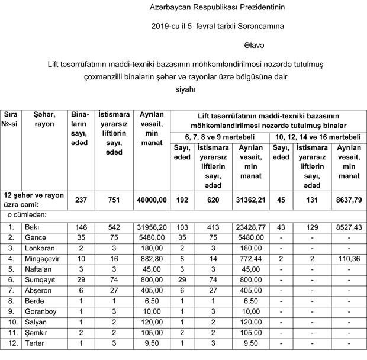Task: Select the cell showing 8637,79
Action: click(x=347, y=201)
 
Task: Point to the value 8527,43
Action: click(x=347, y=227)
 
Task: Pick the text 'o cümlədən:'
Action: click(x=28, y=215)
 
